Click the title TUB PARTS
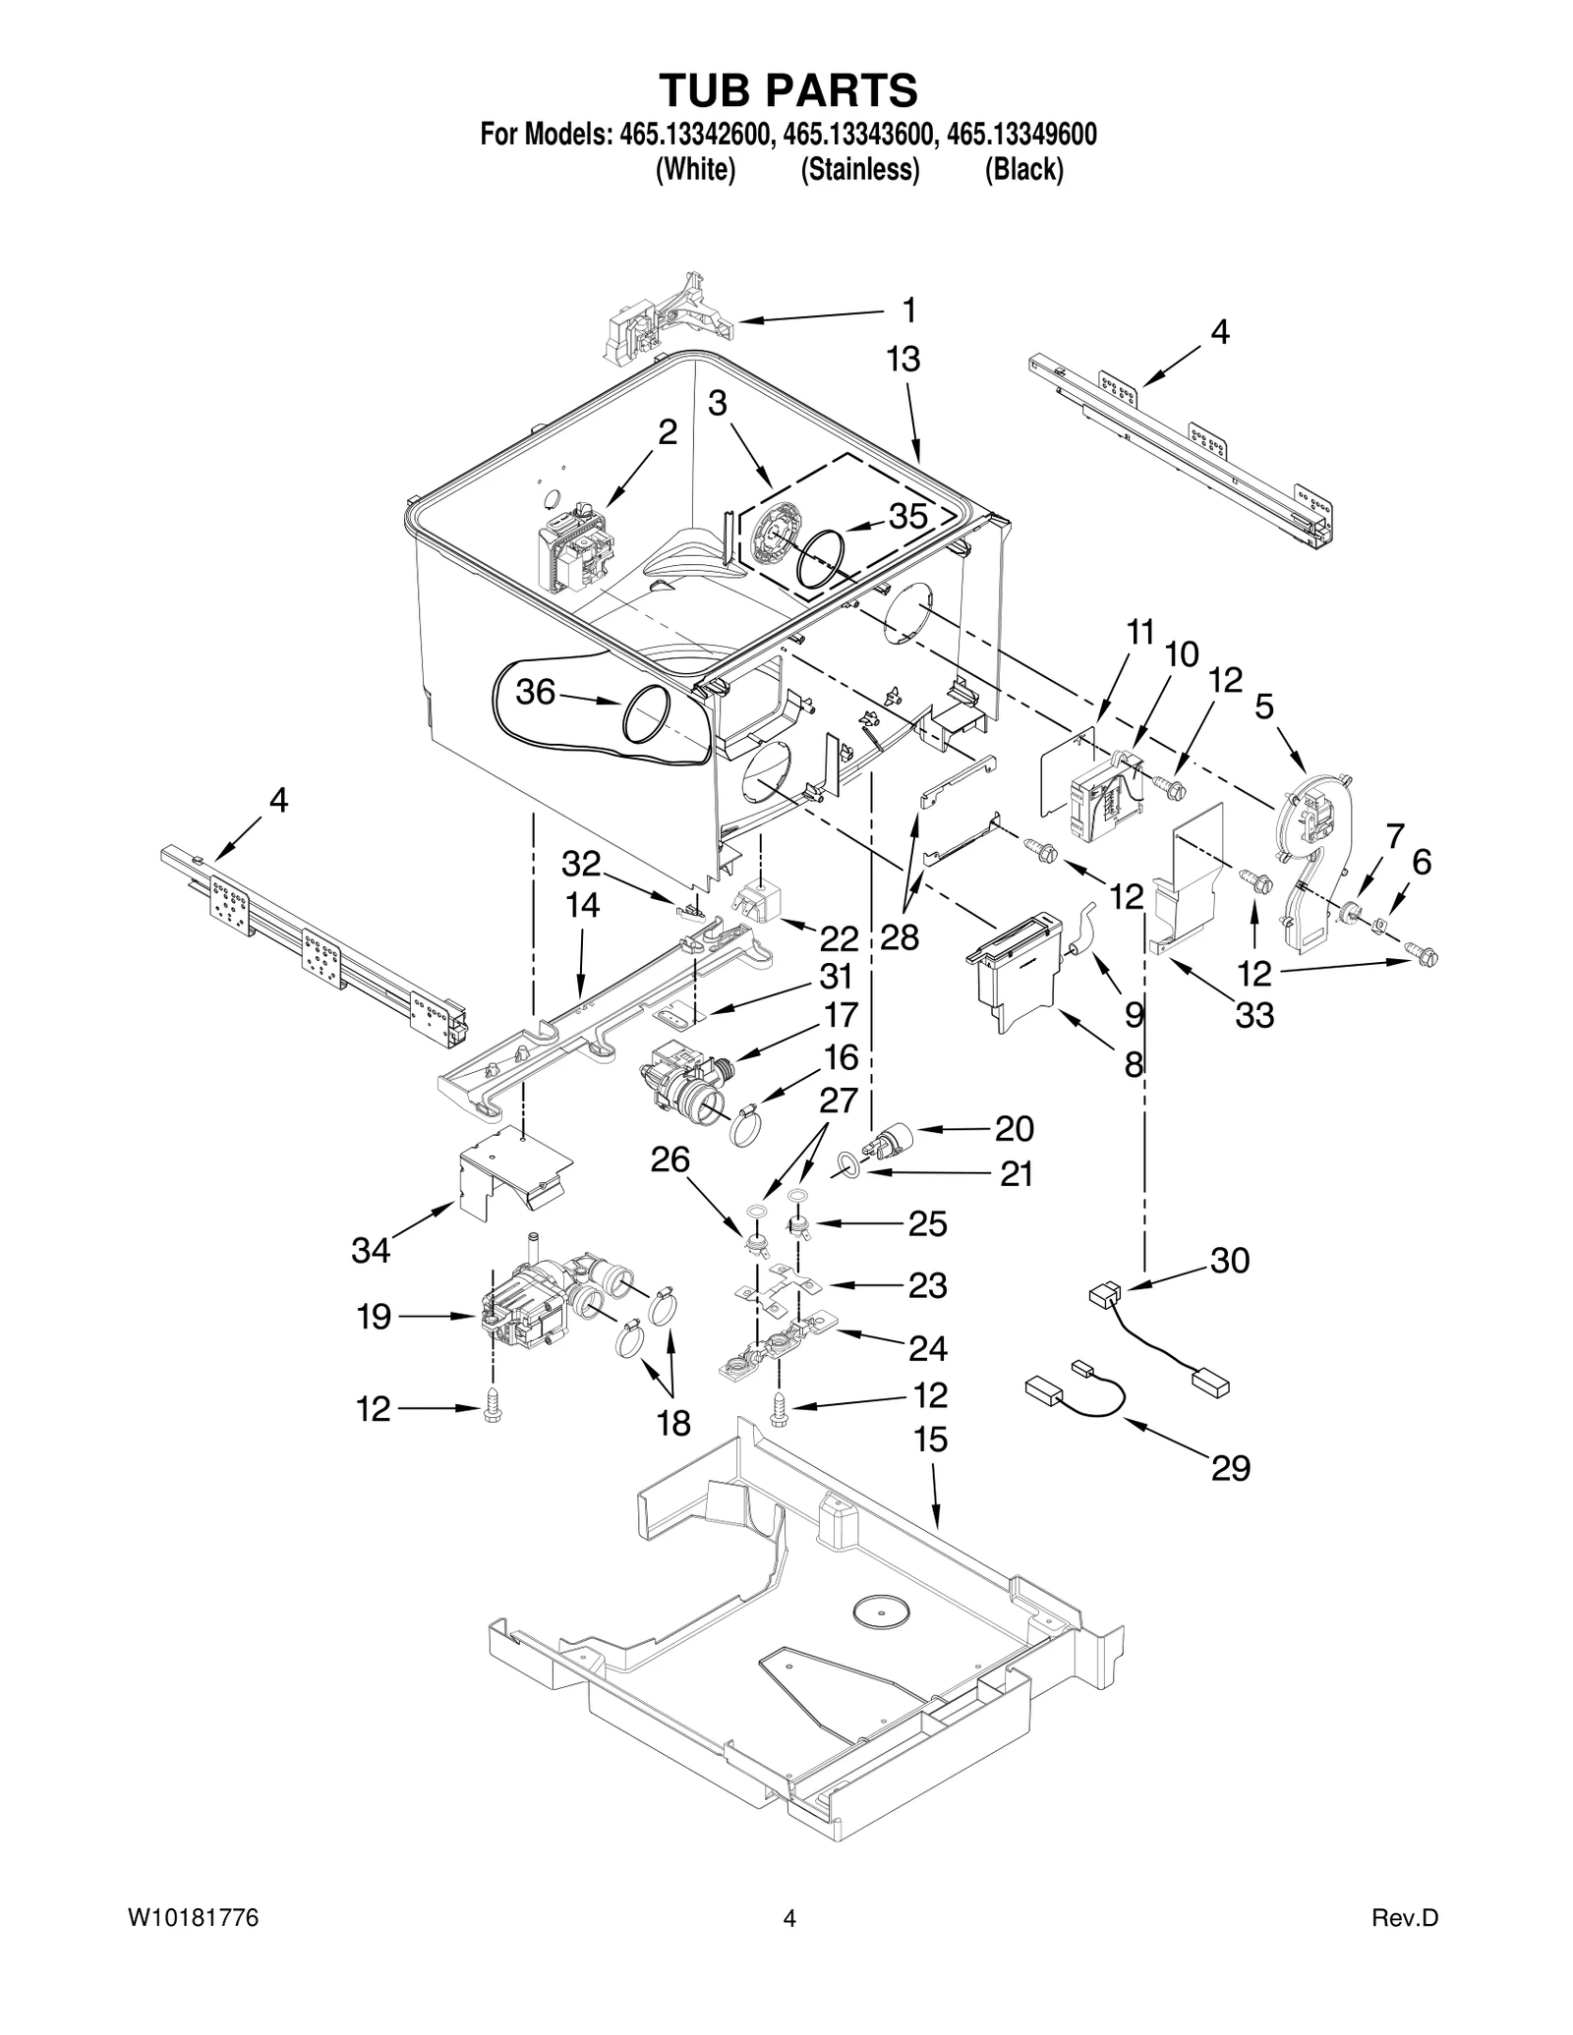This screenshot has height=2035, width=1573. [788, 90]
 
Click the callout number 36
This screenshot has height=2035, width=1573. [536, 692]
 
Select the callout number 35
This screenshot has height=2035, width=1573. [907, 516]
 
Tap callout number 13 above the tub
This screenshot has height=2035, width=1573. [903, 360]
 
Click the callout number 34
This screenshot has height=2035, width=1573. [372, 1250]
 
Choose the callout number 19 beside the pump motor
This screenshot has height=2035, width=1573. [375, 1316]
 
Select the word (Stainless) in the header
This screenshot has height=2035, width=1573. [860, 170]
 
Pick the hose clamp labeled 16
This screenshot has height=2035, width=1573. [748, 1125]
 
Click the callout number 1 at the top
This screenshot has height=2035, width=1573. [909, 311]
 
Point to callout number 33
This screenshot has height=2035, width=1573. [1254, 1014]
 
